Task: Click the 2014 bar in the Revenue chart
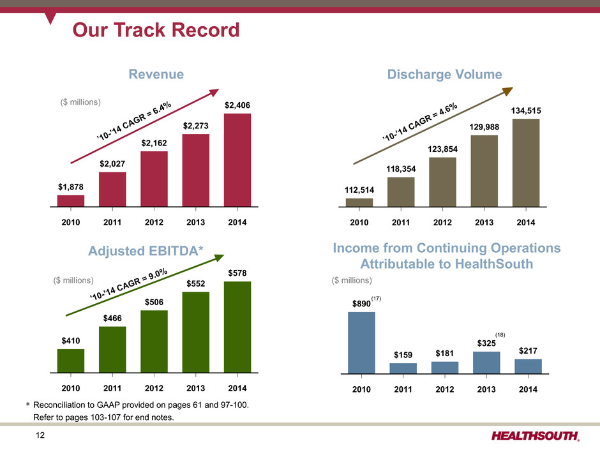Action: pos(237,160)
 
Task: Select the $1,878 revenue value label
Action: pos(70,186)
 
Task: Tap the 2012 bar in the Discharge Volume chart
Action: pos(442,182)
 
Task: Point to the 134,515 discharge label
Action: pos(526,110)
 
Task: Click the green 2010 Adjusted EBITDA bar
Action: pos(70,360)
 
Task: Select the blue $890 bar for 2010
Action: pos(361,342)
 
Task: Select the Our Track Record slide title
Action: pos(156,30)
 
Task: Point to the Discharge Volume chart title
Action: pos(444,75)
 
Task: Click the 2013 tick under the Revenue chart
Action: pos(196,223)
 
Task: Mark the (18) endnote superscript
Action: pos(500,334)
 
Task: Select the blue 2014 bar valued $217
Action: pos(528,366)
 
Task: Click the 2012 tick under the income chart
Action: pos(444,389)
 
